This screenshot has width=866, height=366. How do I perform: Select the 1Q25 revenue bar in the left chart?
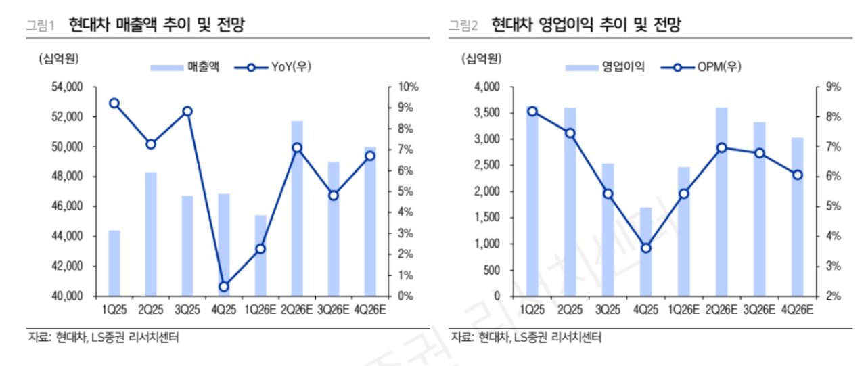114,263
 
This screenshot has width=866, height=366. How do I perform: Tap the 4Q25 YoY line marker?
224,286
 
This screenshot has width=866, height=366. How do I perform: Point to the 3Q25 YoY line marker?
187,112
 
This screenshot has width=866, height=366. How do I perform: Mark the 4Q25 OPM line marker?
645,248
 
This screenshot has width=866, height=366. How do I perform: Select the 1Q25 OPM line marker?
532,112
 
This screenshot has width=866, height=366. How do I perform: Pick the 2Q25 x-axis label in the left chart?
151,309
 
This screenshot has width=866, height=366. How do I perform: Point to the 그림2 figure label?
463,26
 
